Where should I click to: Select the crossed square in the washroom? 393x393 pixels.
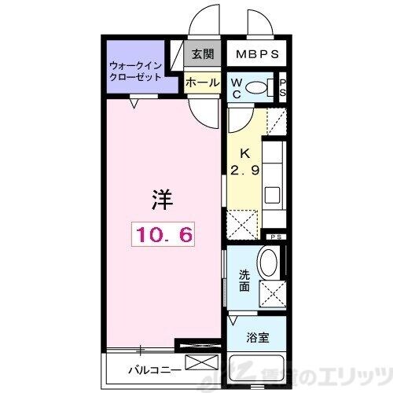(270, 294)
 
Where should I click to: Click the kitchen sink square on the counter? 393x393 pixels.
(271, 193)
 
